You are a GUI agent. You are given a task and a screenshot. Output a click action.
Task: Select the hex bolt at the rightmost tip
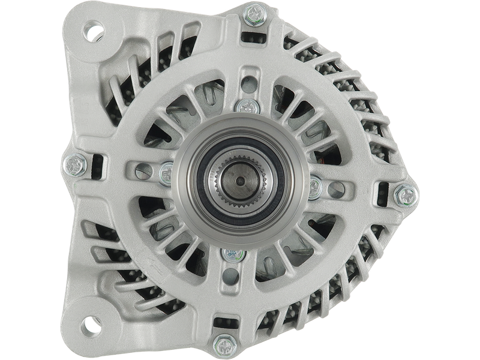click(x=406, y=193)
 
